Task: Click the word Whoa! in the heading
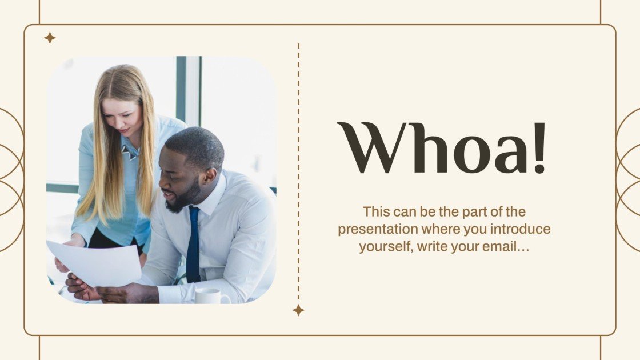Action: point(441,149)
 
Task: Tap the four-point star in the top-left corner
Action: point(50,38)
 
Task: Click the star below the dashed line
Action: point(298,310)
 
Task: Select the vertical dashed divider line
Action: point(298,171)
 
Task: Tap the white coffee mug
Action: point(209,296)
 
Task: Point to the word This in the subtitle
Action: point(376,212)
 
